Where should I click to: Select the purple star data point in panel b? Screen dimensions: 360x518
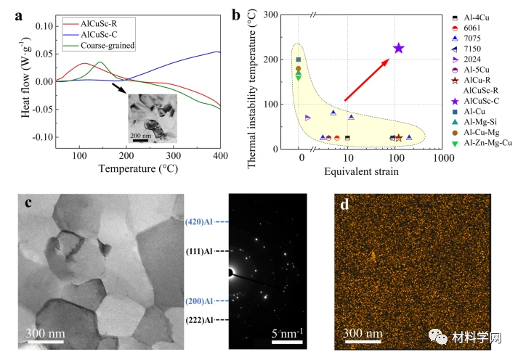pos(398,49)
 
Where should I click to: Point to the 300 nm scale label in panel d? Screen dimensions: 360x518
pos(363,334)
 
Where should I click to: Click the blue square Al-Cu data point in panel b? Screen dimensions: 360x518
pos(299,60)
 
